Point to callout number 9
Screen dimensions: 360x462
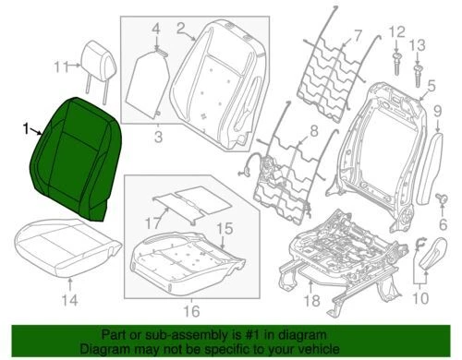(x=437, y=113)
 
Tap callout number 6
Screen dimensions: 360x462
(x=441, y=222)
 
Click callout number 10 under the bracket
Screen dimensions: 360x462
(x=420, y=296)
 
